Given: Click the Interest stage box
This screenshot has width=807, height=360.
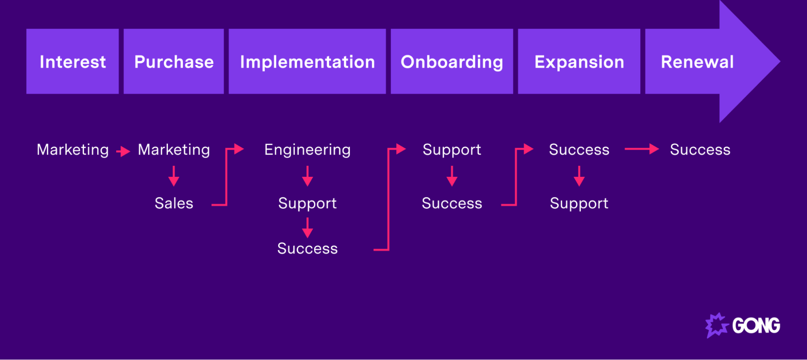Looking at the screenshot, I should tap(73, 61).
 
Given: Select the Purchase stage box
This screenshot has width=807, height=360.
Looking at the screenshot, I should tap(174, 61).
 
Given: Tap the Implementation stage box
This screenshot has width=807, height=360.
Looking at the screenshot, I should tap(307, 61).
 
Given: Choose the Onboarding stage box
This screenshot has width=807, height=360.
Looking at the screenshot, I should tap(452, 61).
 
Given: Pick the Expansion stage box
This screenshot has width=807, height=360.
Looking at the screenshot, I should tap(579, 61).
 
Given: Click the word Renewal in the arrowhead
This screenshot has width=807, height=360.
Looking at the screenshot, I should tap(697, 62).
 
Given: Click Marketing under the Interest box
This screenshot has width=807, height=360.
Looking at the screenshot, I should tap(73, 150).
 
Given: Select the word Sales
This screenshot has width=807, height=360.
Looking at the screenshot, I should tap(174, 203).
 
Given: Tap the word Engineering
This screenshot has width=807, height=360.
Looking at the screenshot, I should tap(307, 150).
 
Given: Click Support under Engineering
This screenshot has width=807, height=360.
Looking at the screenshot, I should tap(307, 203).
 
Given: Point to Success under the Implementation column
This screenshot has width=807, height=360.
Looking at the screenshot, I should tap(307, 248).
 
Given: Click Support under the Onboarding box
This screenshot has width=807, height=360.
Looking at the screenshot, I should tap(452, 150).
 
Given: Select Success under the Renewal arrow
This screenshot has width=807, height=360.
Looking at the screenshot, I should tap(700, 150).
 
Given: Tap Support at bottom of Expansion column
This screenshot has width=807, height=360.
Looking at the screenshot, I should tap(579, 203).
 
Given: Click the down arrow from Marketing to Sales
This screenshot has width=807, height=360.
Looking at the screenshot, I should tap(174, 176).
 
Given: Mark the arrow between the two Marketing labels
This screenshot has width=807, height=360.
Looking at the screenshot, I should tap(123, 151).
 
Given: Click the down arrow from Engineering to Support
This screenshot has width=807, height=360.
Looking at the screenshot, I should tap(307, 176).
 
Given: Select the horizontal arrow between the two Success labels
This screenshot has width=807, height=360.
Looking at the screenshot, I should tap(641, 149).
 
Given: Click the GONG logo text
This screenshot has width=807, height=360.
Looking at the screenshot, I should tap(756, 326).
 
